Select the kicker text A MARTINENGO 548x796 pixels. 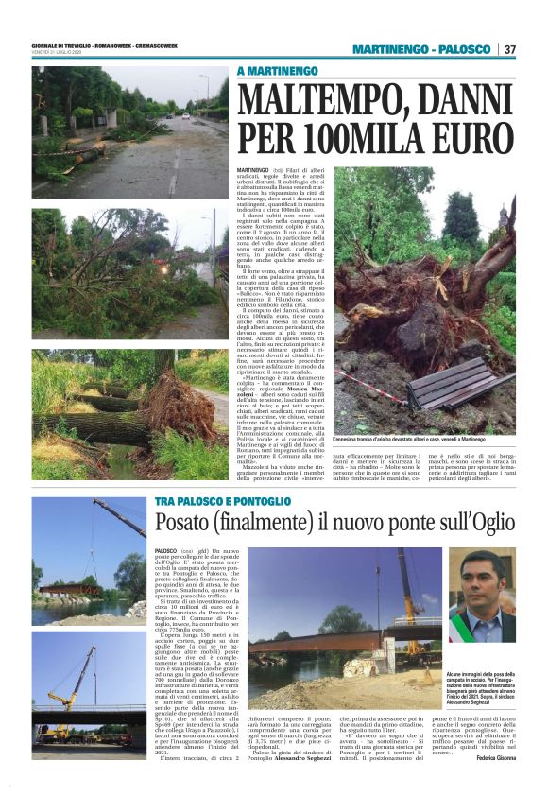[275, 71]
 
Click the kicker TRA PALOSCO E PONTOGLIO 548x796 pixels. [225, 502]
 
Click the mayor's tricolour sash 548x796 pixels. [460, 628]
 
